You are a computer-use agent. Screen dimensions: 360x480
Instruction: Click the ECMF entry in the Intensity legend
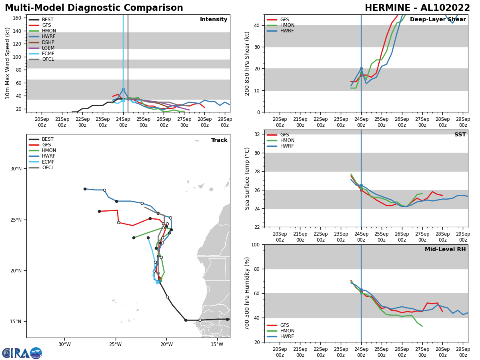pyautogui.click(x=48, y=54)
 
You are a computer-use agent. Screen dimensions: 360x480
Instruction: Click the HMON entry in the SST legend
pyautogui.click(x=287, y=140)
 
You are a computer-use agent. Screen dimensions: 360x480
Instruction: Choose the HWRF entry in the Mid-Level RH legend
pyautogui.click(x=287, y=336)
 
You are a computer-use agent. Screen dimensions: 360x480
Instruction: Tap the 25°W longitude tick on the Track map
pyautogui.click(x=115, y=344)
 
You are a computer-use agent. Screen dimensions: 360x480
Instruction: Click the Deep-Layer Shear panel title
pyautogui.click(x=438, y=20)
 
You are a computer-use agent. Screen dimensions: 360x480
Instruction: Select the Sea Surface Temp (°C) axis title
pyautogui.click(x=248, y=178)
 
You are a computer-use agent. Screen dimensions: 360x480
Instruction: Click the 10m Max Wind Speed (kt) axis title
pyautogui.click(x=8, y=63)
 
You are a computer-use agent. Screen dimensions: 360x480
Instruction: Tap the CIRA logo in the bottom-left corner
pyautogui.click(x=22, y=353)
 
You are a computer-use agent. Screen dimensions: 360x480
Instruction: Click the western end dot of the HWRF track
pyautogui.click(x=85, y=189)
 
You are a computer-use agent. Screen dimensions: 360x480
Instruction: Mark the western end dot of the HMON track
pyautogui.click(x=134, y=238)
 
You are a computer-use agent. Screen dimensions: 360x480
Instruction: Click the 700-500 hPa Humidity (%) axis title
pyautogui.click(x=248, y=293)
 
